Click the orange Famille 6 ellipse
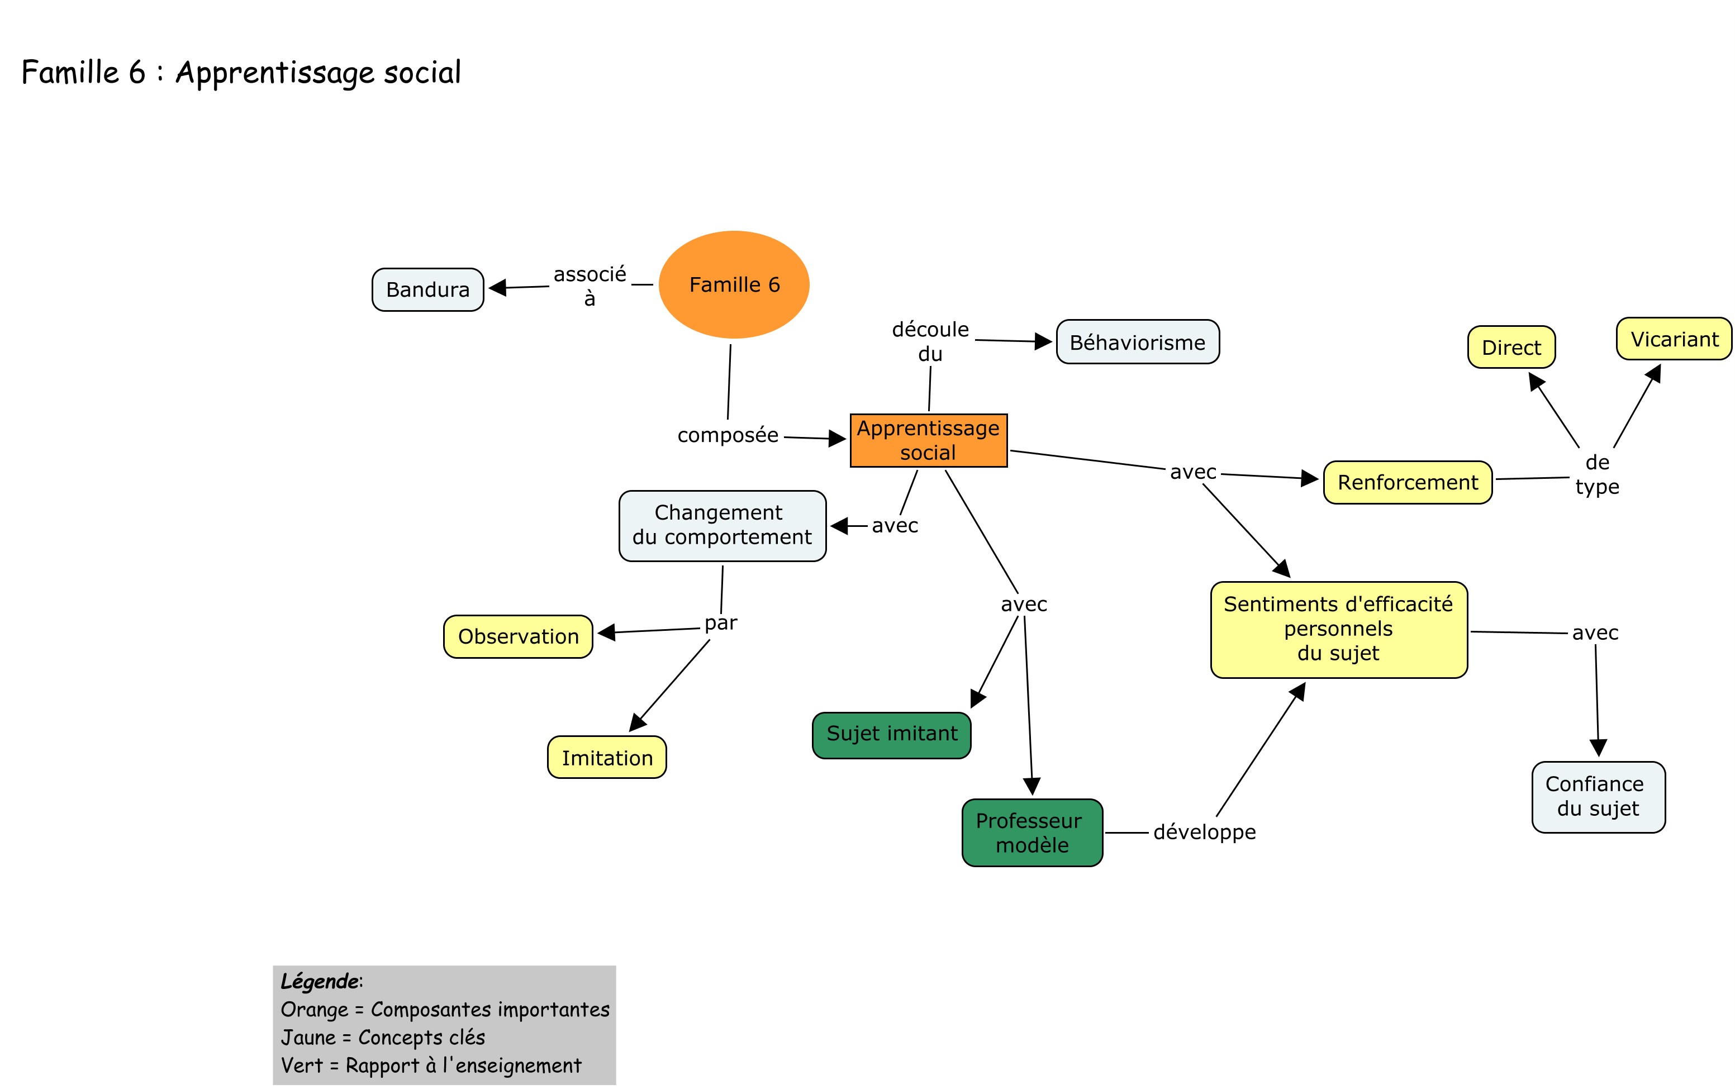point(733,284)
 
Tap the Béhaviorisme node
point(1137,342)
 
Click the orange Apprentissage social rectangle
point(928,440)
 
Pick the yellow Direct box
point(1510,347)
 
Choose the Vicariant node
point(1673,339)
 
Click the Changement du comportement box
point(721,525)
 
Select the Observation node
point(518,636)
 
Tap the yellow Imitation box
point(606,757)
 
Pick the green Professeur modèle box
point(1032,832)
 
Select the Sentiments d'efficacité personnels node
point(1338,629)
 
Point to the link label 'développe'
point(1204,832)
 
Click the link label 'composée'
point(728,435)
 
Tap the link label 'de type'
point(1597,474)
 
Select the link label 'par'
point(720,623)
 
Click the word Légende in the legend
point(319,981)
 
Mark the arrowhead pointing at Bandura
point(497,288)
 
